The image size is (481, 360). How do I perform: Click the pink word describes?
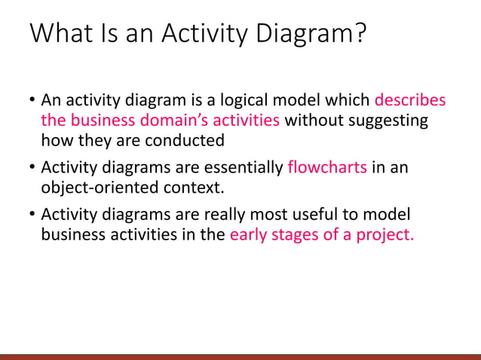click(x=410, y=100)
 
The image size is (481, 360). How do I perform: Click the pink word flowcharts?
click(x=327, y=167)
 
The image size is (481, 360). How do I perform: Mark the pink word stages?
click(x=296, y=234)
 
